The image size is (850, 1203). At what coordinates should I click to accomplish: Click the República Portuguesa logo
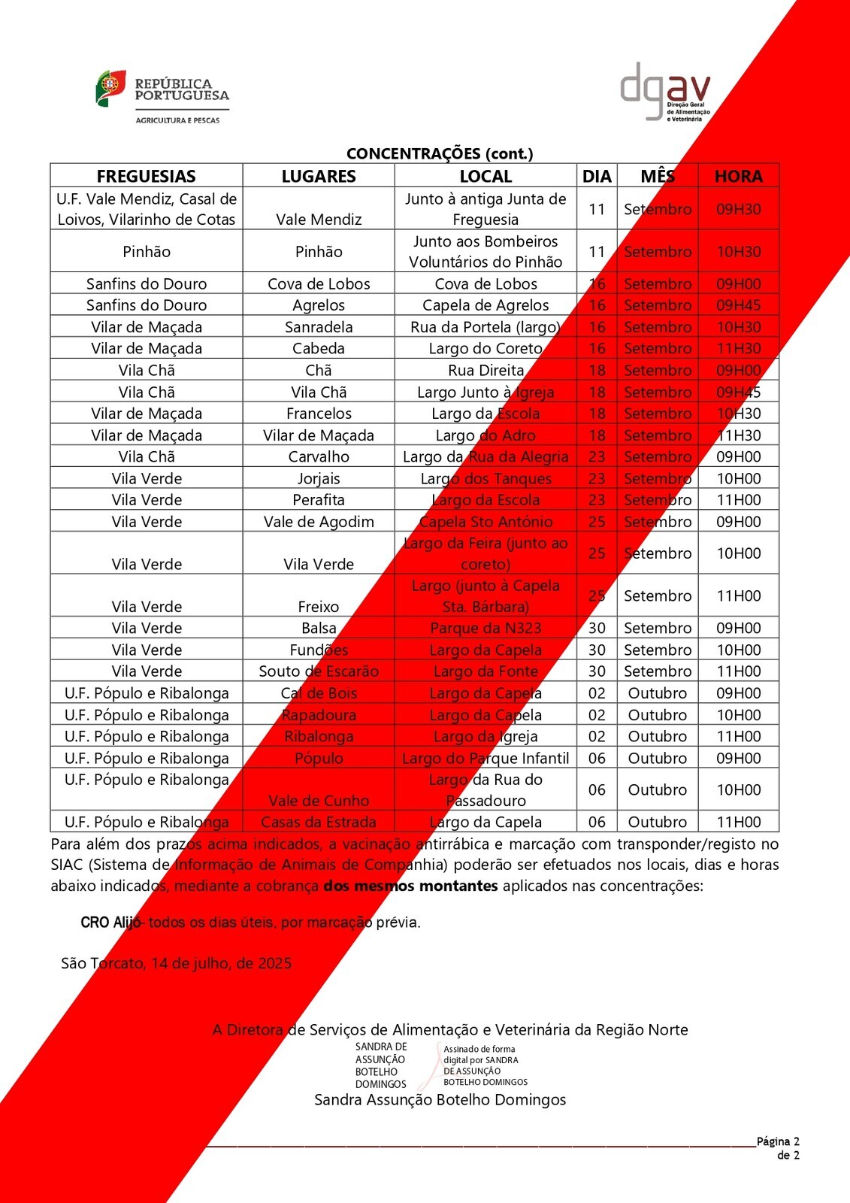tap(162, 96)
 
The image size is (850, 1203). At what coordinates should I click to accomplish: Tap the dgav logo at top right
tap(664, 92)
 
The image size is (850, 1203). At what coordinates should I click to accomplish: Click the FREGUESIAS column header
tap(147, 176)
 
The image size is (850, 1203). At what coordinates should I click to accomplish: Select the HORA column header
tap(738, 176)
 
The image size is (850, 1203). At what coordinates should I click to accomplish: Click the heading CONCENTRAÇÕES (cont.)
tap(440, 153)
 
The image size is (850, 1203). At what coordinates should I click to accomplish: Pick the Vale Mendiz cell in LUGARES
tap(319, 220)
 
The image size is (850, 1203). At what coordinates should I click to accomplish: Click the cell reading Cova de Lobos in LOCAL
tap(485, 283)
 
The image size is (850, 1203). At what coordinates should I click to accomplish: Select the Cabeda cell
tap(319, 348)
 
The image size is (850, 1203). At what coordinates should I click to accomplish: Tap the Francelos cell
tap(319, 414)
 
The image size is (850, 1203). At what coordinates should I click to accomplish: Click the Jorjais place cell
tap(319, 478)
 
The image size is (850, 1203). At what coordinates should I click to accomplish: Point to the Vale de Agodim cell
tap(319, 522)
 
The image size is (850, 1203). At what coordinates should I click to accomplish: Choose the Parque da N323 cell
tap(485, 628)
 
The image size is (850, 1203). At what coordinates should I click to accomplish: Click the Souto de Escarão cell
tap(319, 671)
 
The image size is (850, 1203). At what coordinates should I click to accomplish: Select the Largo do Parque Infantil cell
tap(485, 758)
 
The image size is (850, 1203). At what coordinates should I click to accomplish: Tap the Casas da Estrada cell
tap(319, 822)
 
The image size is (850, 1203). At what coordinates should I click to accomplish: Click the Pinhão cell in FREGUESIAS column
tap(147, 251)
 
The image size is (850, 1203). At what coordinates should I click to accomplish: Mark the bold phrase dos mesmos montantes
tap(410, 886)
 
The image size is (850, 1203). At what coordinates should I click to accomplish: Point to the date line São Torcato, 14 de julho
tap(176, 963)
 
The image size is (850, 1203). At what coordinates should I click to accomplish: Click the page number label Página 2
tap(778, 1141)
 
